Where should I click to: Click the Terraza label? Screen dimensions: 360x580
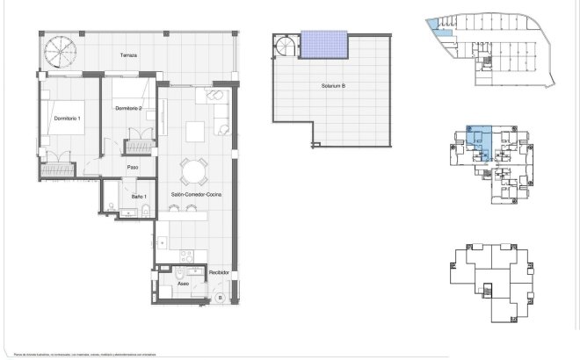(128, 55)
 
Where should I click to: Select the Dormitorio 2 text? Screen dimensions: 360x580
(128, 107)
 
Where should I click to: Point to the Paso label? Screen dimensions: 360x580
(134, 167)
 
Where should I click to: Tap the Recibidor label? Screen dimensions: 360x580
(219, 272)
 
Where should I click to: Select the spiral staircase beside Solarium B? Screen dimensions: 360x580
(286, 46)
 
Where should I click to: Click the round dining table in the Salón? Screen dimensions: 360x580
(192, 169)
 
